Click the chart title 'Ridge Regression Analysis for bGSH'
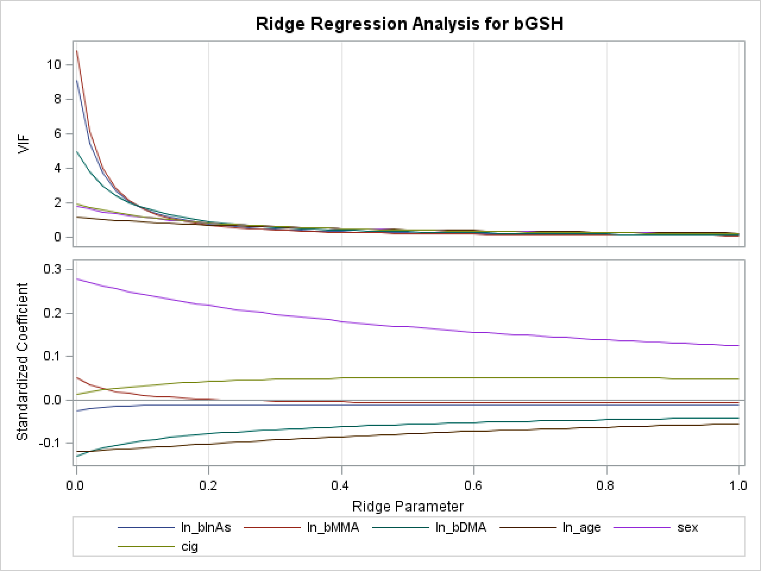[409, 24]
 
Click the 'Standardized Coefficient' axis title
[23, 362]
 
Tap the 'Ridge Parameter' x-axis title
[408, 506]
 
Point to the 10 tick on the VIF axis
[54, 64]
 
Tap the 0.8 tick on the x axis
[606, 485]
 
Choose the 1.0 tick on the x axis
[738, 485]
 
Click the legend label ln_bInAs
[206, 528]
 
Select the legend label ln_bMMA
[333, 528]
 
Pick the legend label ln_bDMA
[461, 528]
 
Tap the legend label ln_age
[581, 528]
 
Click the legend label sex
[687, 528]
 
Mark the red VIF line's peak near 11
[77, 51]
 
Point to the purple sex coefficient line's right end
[738, 346]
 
